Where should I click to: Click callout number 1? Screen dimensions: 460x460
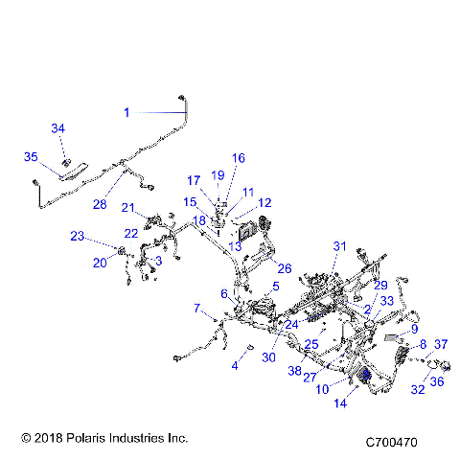(x=126, y=112)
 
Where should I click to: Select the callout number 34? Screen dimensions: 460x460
(x=57, y=128)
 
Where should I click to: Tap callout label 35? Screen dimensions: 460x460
(x=31, y=157)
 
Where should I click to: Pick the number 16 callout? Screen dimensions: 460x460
(x=239, y=157)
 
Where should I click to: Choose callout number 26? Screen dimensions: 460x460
(x=285, y=266)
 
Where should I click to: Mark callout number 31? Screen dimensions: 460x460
(x=337, y=247)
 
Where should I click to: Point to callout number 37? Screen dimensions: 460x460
(x=441, y=344)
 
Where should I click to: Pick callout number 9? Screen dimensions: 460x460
(x=414, y=329)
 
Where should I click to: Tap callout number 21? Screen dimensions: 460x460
(x=127, y=208)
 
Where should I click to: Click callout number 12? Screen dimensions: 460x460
(x=264, y=202)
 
